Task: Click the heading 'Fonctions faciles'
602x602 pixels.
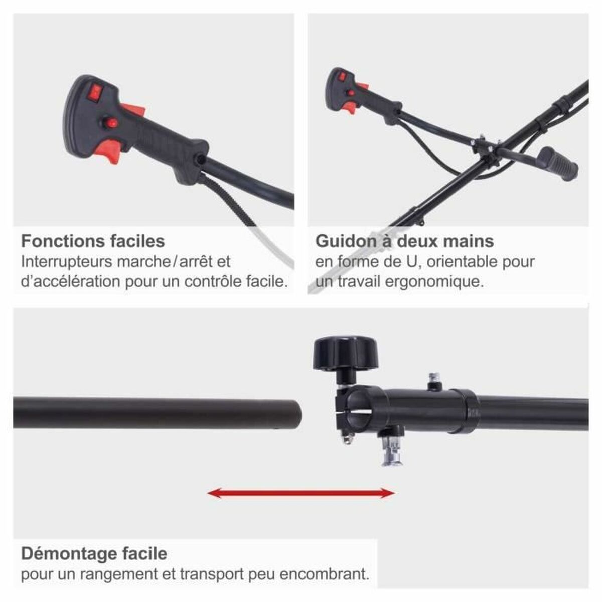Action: coord(93,241)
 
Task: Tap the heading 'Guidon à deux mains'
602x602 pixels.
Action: coord(404,241)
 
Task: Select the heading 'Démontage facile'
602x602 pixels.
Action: coord(94,554)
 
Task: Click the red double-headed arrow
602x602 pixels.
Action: coord(301,493)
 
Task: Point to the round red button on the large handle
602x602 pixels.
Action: coord(111,122)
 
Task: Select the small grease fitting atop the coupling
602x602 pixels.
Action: coord(432,380)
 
